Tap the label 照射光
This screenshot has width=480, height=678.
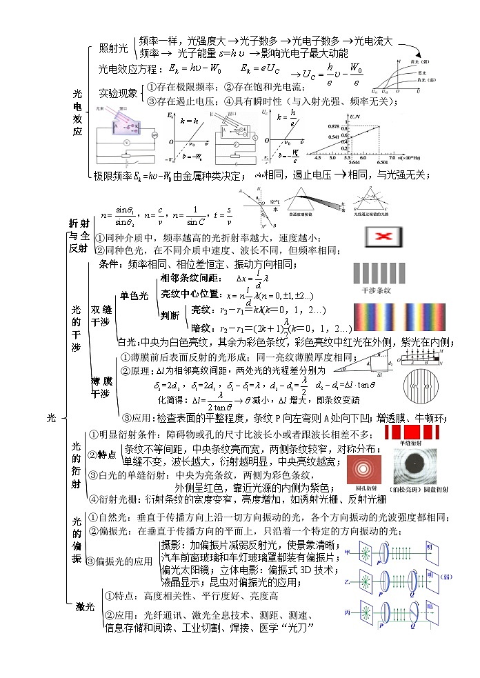(x=113, y=48)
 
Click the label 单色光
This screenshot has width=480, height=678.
(x=134, y=296)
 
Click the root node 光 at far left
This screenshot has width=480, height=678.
(x=52, y=418)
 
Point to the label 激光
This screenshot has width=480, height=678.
(x=86, y=607)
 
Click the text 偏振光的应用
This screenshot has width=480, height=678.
(x=124, y=561)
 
